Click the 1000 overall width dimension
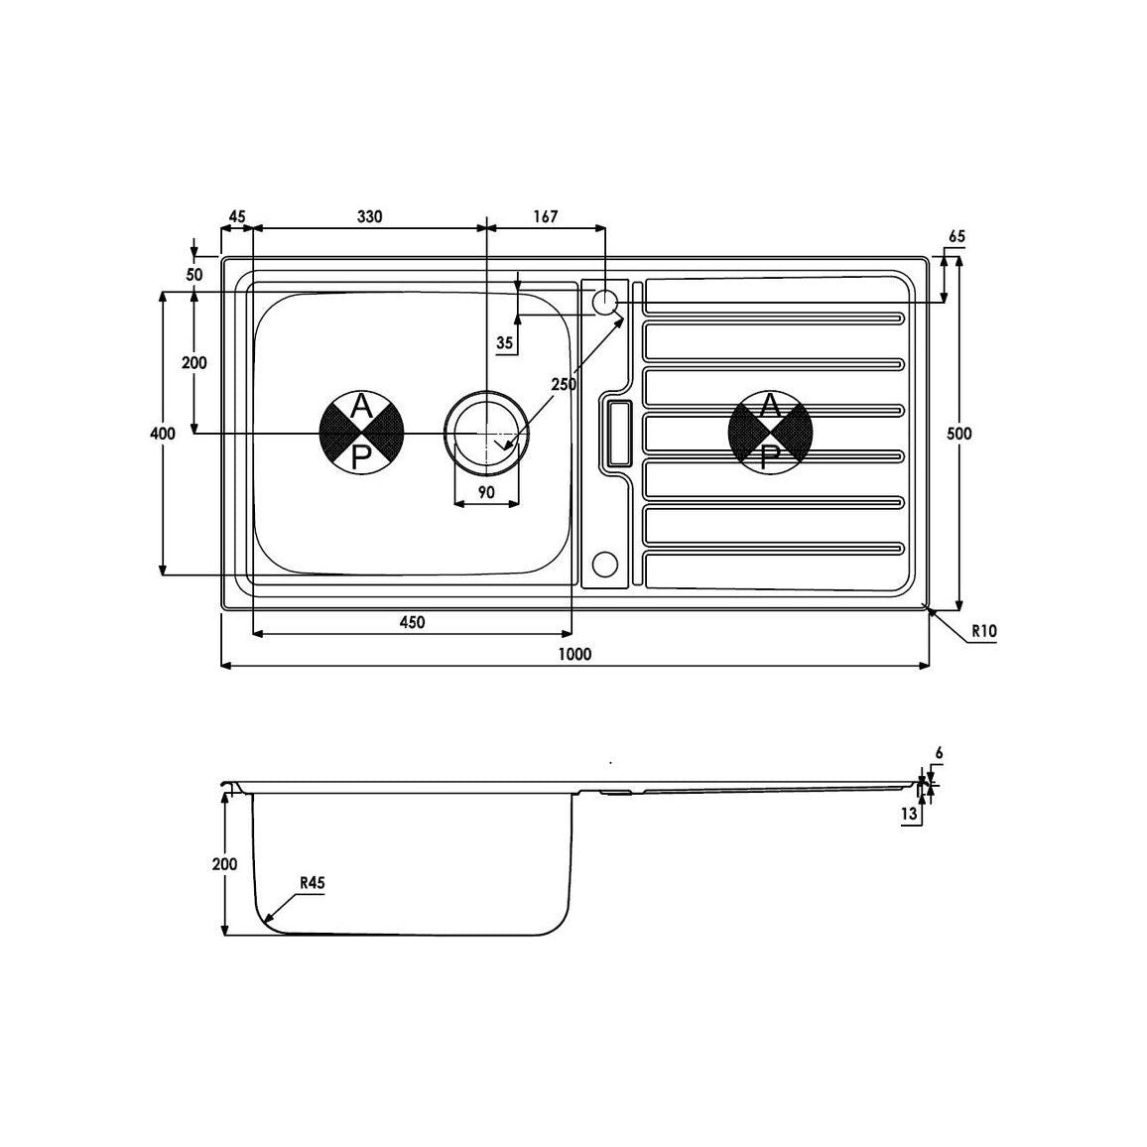[x=574, y=654]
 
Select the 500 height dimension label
[x=959, y=434]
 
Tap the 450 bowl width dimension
[x=412, y=622]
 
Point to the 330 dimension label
[x=369, y=216]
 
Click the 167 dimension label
[x=546, y=216]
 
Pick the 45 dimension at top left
[x=237, y=216]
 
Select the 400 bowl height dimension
[x=163, y=434]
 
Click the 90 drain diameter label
[x=486, y=492]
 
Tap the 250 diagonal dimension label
[x=564, y=384]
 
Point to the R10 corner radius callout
[x=984, y=631]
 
